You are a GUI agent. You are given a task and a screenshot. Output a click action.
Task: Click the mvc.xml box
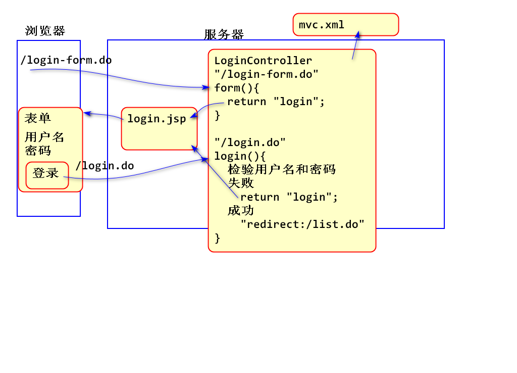click(x=345, y=24)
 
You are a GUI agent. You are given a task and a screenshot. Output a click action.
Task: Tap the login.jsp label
click(x=156, y=119)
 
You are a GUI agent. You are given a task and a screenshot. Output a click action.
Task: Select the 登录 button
click(x=46, y=174)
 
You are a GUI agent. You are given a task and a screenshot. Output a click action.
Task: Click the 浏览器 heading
click(x=45, y=31)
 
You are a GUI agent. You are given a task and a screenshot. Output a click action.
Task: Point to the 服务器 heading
click(x=224, y=34)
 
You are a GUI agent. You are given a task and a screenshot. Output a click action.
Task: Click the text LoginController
click(x=263, y=61)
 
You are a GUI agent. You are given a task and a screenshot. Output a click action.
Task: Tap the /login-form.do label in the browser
click(x=66, y=60)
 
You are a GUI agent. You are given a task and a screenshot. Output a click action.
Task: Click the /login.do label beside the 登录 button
click(x=105, y=166)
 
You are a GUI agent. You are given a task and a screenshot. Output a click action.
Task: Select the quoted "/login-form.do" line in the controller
click(x=266, y=74)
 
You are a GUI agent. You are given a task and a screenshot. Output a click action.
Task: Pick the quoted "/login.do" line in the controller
click(x=250, y=143)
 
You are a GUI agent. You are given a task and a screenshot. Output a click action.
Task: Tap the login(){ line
click(x=240, y=156)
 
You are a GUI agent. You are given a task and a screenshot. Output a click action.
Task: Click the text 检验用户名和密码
click(x=282, y=169)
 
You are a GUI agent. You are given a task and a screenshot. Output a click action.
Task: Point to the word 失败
click(x=241, y=183)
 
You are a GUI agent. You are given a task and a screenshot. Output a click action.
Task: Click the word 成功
click(x=241, y=210)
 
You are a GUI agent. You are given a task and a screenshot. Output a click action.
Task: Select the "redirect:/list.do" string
click(x=302, y=224)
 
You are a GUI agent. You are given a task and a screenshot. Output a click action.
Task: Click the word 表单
click(x=38, y=119)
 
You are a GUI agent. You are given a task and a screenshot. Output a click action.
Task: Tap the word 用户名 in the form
click(x=44, y=137)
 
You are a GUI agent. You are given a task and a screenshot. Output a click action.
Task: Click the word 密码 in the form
click(x=38, y=150)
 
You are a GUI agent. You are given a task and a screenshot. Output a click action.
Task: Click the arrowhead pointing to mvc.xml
click(x=358, y=34)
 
